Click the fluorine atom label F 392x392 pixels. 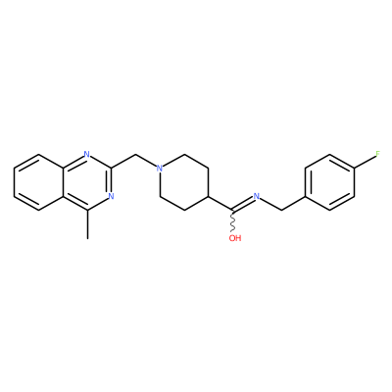click(x=378, y=154)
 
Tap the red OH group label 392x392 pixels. click(x=235, y=238)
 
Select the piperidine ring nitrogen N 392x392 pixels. click(x=160, y=169)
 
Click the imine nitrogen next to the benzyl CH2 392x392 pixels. click(x=257, y=196)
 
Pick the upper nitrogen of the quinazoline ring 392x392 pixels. click(x=86, y=154)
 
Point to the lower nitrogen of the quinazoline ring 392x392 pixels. click(x=111, y=196)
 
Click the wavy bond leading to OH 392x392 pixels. click(x=233, y=221)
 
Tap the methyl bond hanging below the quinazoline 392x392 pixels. click(x=87, y=224)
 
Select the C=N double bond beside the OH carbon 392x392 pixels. click(x=242, y=204)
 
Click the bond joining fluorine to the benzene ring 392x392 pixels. click(x=365, y=162)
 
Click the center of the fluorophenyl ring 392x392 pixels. click(x=330, y=182)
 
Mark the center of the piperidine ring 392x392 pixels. click(x=184, y=182)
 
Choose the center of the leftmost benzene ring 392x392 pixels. click(x=38, y=182)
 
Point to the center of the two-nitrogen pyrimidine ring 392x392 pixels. click(x=87, y=182)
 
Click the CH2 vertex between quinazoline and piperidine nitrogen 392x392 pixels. click(x=136, y=154)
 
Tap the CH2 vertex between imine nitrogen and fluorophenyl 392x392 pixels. click(x=281, y=210)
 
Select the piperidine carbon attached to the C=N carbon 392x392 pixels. click(x=209, y=196)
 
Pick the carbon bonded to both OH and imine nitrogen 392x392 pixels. click(x=232, y=210)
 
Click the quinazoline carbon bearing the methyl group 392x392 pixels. click(x=87, y=210)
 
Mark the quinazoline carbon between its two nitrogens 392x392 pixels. click(x=112, y=169)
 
